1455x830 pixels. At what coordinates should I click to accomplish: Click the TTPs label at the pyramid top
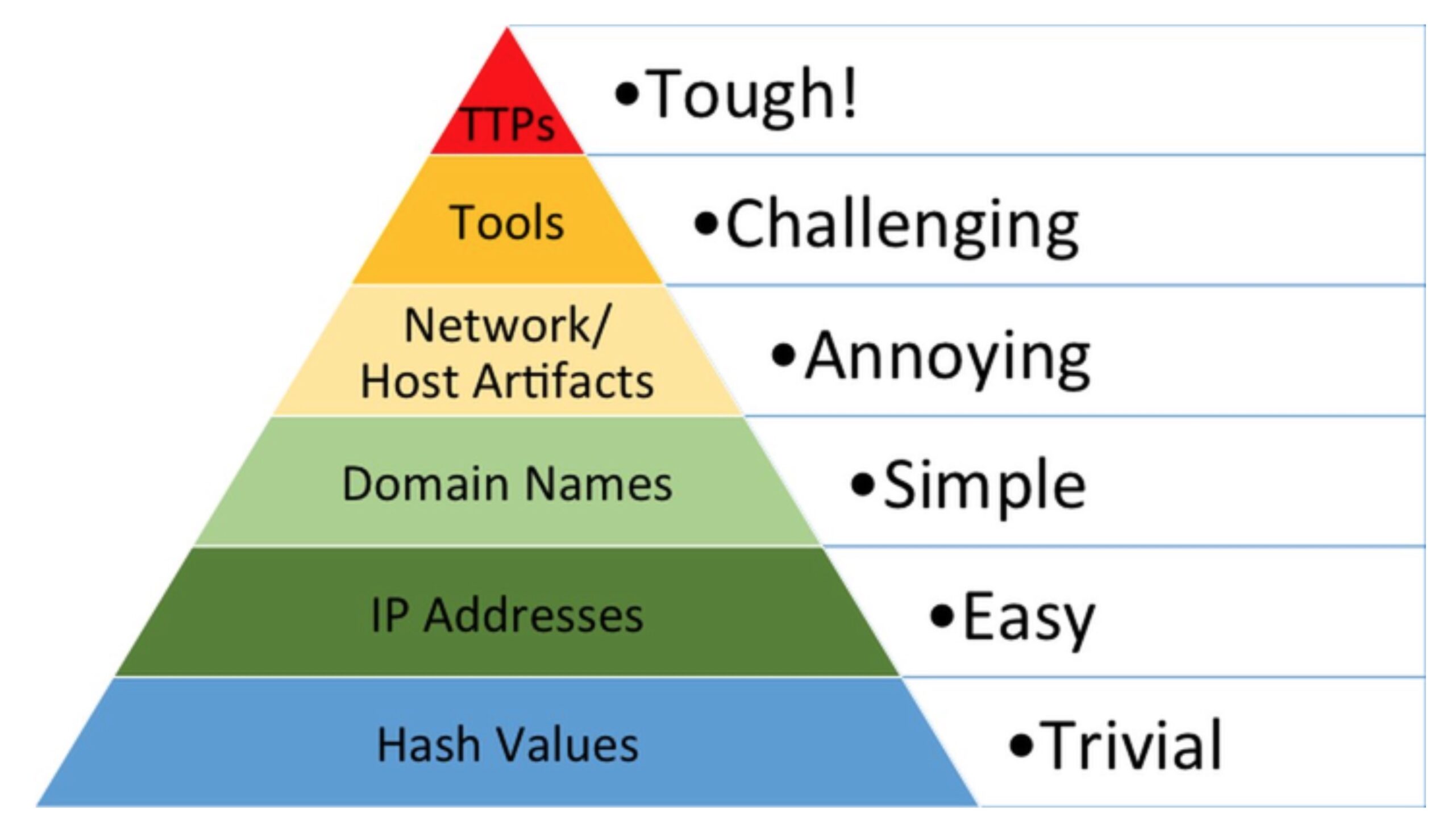[x=508, y=125]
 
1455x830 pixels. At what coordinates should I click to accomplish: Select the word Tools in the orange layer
[x=507, y=223]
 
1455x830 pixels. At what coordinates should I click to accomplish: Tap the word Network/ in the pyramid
[x=507, y=326]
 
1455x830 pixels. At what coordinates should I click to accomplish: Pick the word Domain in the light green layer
[x=425, y=484]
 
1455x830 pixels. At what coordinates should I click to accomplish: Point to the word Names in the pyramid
[x=598, y=484]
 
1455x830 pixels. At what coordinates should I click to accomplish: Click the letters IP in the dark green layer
[x=390, y=616]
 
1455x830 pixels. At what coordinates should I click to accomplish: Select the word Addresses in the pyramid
[x=533, y=616]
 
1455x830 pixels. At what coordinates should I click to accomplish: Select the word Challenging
[x=902, y=226]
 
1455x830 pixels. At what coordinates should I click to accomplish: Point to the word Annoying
[x=947, y=357]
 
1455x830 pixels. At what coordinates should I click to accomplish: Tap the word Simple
[x=984, y=486]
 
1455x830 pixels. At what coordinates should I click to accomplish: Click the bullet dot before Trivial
[x=1021, y=745]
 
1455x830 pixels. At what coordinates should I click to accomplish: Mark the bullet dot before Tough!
[x=627, y=94]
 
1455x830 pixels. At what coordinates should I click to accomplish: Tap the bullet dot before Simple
[x=863, y=485]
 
